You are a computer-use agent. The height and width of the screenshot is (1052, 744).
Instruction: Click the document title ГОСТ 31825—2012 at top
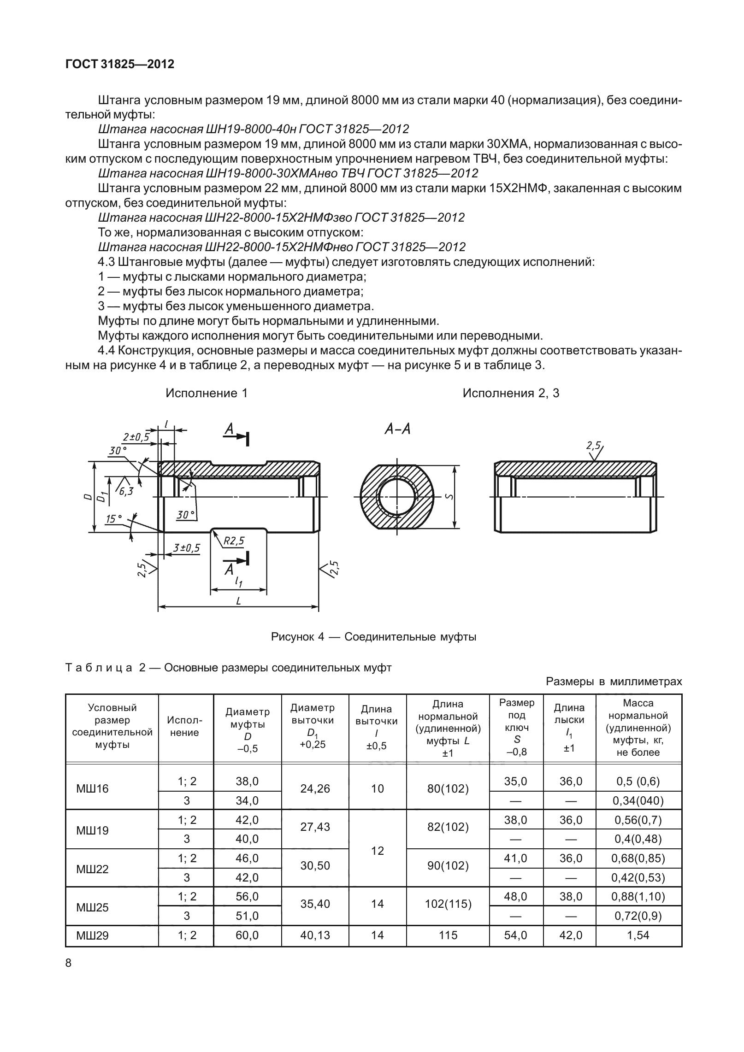click(x=120, y=65)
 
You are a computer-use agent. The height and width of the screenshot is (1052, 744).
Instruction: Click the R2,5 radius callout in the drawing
click(x=235, y=541)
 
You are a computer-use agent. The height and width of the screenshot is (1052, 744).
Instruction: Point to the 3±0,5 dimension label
click(x=186, y=548)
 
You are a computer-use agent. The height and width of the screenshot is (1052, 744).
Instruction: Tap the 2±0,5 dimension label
click(x=136, y=437)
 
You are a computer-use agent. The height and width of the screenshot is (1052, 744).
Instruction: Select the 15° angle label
click(x=114, y=519)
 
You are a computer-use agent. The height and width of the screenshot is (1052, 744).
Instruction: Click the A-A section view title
click(x=397, y=429)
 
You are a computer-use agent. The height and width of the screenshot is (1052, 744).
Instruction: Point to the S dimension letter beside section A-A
click(x=449, y=496)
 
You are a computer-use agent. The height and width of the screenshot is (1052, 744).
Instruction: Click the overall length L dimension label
click(x=238, y=601)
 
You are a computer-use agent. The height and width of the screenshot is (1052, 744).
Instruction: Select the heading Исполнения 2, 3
click(x=511, y=393)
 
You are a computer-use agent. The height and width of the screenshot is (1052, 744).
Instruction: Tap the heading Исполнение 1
click(x=207, y=393)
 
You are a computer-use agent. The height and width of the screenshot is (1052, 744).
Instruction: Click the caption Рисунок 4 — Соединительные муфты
click(x=373, y=637)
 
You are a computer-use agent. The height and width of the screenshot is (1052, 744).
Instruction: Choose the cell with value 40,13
click(x=315, y=935)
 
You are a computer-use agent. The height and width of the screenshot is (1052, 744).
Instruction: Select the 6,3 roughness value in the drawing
click(x=126, y=491)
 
